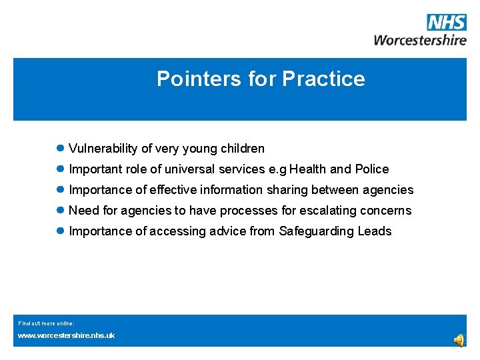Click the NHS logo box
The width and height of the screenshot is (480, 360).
coord(447,23)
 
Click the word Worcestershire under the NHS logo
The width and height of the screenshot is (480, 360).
coord(420,39)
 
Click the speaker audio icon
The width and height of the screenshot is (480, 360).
coord(459,341)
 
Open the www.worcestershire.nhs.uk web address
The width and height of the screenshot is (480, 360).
coord(66,335)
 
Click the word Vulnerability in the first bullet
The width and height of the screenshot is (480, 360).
coord(103,149)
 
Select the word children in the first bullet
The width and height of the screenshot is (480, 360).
coord(243,149)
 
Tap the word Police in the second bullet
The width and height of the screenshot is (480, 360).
coord(372,169)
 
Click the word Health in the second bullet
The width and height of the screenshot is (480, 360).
coord(309,169)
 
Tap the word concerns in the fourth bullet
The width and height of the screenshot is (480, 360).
coord(387,211)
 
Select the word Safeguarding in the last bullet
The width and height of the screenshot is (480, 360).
coord(317,231)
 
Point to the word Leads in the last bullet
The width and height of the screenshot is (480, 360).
coord(375,231)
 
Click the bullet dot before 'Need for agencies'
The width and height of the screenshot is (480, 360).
coord(60,211)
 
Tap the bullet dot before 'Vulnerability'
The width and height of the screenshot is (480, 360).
coord(60,149)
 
